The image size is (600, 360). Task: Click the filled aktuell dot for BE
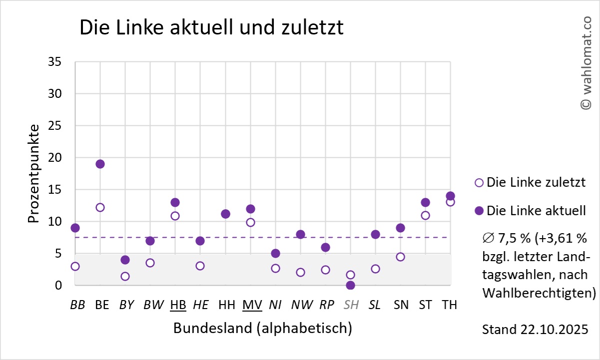(x=100, y=164)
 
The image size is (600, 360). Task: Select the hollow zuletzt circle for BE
(x=100, y=207)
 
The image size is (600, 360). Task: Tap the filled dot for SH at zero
(x=350, y=285)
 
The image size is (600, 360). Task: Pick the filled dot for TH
(x=450, y=196)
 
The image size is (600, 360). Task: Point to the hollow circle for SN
(x=400, y=257)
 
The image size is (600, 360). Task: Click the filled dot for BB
(x=75, y=228)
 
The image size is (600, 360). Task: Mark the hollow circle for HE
(x=200, y=266)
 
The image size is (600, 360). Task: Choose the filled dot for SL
(x=375, y=234)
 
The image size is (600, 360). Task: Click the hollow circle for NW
(x=300, y=272)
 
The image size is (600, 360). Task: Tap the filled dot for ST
(x=425, y=202)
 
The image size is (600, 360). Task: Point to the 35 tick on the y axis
(x=55, y=62)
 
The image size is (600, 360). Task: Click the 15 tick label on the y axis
(x=55, y=190)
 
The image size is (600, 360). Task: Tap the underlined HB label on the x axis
(x=178, y=305)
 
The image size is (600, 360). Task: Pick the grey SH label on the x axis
(x=351, y=305)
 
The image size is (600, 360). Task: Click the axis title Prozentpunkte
(x=33, y=173)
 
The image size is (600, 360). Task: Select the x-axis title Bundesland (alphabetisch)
(x=263, y=329)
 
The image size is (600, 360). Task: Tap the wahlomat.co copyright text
(x=585, y=62)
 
